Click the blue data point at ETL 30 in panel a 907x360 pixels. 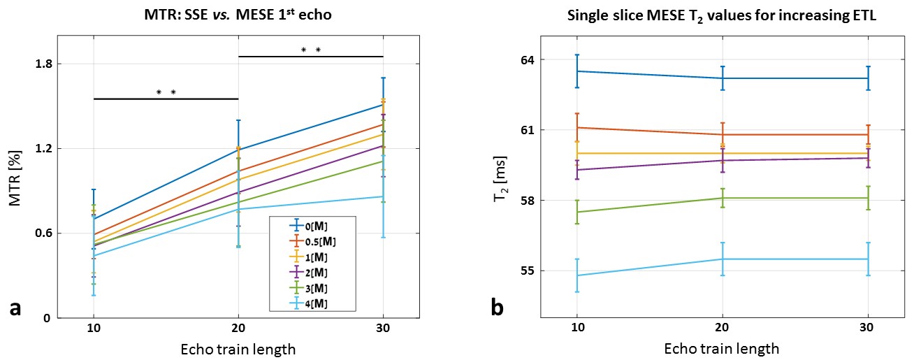(x=383, y=105)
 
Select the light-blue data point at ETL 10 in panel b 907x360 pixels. (x=576, y=275)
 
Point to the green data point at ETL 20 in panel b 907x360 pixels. (x=721, y=198)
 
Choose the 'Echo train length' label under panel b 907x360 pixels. (x=721, y=347)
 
